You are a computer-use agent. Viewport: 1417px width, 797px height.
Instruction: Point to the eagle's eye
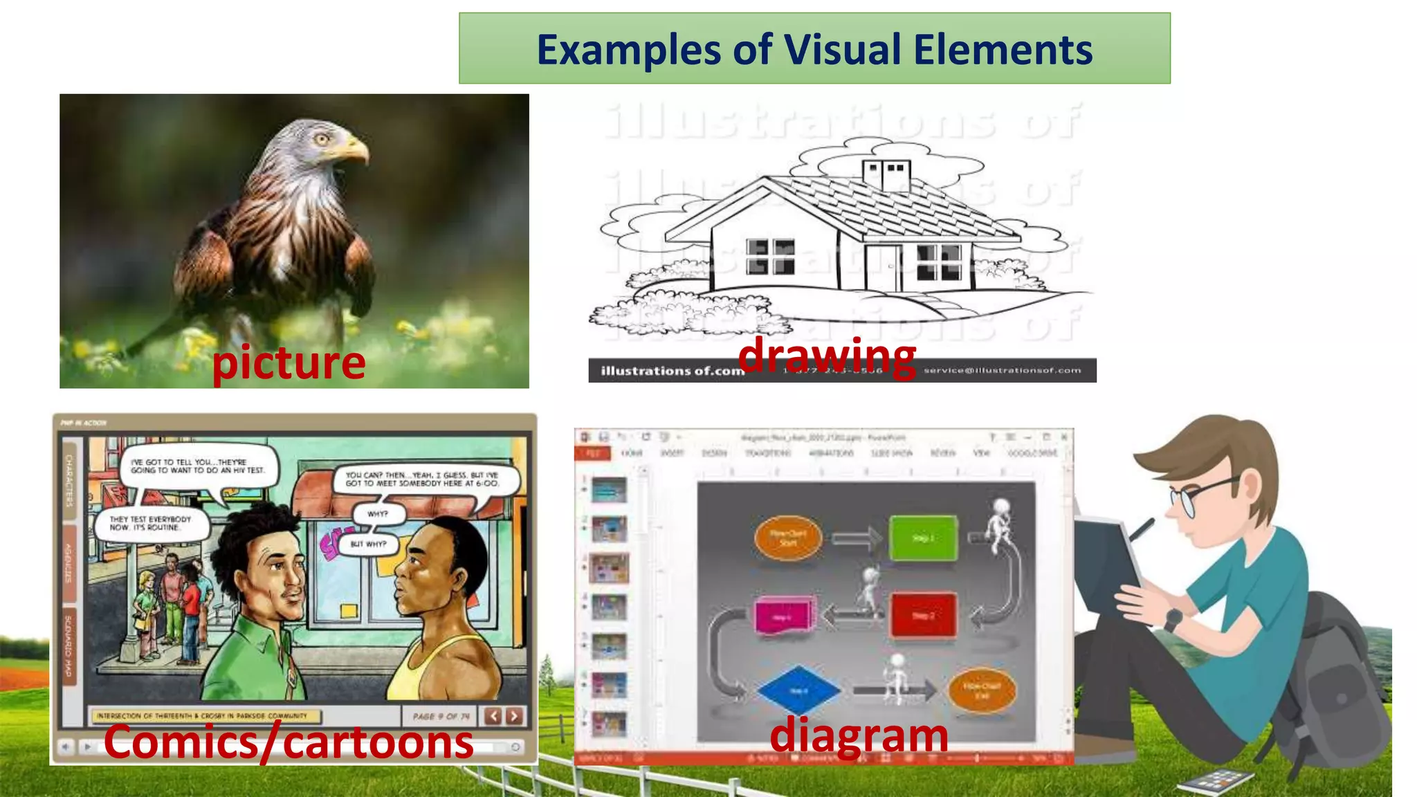tap(321, 138)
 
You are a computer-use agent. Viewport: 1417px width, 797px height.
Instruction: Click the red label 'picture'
tap(289, 363)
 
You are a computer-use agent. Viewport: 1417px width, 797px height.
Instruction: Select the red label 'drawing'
tap(827, 356)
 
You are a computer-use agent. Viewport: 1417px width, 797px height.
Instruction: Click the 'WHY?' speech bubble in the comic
tap(378, 514)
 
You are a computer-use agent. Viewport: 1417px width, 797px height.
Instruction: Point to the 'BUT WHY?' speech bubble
tap(369, 544)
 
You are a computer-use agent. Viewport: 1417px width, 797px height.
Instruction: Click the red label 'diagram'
tap(859, 735)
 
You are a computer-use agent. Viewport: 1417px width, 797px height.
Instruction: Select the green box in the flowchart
tap(923, 538)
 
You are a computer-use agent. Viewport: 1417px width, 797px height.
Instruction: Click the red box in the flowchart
tap(923, 614)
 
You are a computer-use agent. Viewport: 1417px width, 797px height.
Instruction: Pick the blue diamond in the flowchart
tap(798, 690)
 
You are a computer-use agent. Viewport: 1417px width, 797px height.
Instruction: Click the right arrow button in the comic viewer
tap(514, 716)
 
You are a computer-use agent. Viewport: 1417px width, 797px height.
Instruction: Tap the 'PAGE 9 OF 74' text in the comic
tap(441, 716)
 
